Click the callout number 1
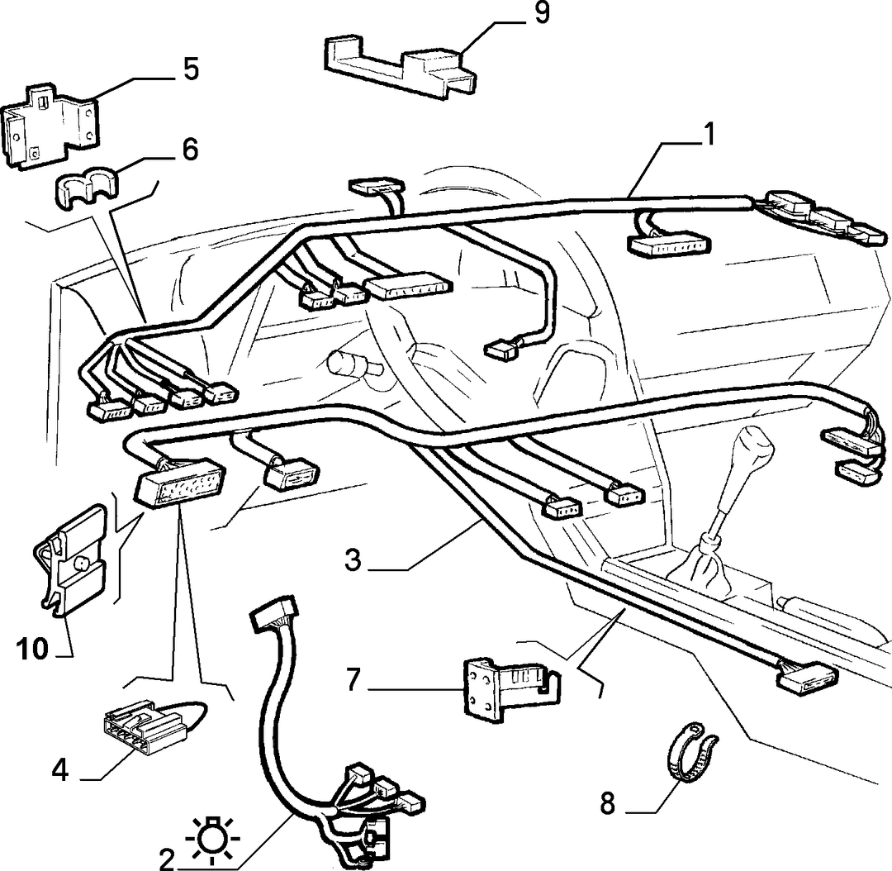point(709,135)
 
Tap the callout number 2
point(167,859)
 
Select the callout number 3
point(353,559)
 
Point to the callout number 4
point(60,771)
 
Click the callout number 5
point(190,69)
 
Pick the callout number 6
point(189,149)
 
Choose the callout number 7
point(353,680)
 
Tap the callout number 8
point(608,804)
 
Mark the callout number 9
point(541,13)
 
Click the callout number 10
point(32,649)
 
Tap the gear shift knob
point(752,449)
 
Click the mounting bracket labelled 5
point(50,126)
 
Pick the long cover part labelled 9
point(400,64)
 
